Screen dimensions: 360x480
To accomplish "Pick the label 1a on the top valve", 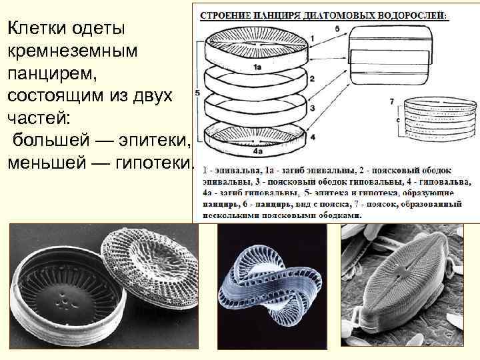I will point(256,67).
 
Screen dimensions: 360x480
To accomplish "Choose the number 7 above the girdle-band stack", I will point(392,101).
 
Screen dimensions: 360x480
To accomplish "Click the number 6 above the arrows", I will point(338,29).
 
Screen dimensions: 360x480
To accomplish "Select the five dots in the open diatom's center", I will point(64,301).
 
